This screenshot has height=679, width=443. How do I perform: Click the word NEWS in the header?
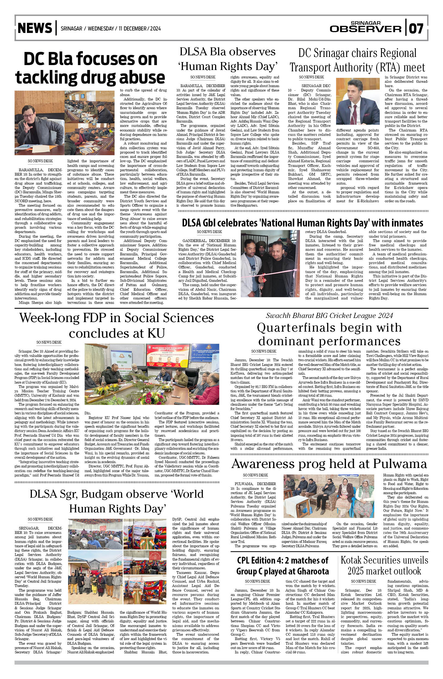35,28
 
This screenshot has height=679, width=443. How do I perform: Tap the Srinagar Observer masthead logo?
366,27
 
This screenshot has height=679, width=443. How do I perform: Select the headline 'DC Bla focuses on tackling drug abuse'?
90,68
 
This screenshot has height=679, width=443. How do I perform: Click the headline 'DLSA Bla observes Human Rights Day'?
228,59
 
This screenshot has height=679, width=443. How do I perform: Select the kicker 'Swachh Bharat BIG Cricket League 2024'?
329,315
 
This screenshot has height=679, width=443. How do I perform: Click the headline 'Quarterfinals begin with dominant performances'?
329,334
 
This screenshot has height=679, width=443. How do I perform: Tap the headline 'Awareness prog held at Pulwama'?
329,464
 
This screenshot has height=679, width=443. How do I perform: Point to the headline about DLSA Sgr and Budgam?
116,501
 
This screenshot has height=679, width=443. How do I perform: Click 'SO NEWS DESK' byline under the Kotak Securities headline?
363,581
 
